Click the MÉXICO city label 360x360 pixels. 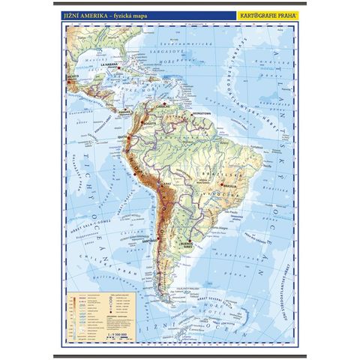pos(73,77)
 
